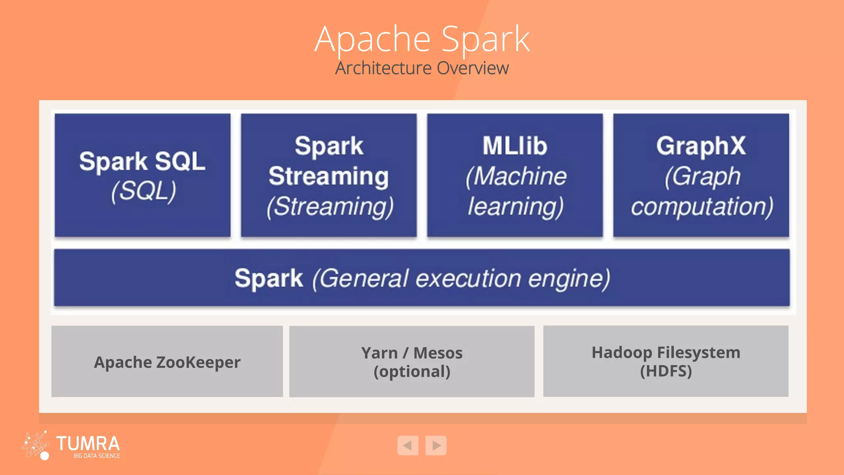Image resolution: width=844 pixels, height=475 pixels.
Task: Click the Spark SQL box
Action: pos(142,175)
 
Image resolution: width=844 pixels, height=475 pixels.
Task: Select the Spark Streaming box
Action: pos(328,175)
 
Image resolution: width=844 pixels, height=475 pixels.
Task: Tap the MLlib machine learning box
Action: pos(515,175)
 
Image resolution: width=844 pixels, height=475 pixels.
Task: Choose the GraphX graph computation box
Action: pos(701,175)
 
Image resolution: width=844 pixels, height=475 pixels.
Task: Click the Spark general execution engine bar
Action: pos(422,277)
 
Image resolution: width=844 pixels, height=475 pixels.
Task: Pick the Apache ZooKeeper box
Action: pos(167,362)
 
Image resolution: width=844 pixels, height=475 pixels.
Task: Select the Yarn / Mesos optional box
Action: pos(412,362)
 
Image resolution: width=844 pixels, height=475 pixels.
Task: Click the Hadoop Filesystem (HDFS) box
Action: pos(666,361)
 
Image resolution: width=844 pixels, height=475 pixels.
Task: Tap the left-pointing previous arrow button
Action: pos(408,445)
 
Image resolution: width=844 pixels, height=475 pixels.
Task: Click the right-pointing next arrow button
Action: pos(436,445)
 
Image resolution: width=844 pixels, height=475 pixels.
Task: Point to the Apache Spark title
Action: pos(422,39)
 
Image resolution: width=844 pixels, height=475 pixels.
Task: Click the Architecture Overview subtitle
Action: pos(422,68)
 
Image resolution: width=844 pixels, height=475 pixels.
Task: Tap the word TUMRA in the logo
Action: pos(88,444)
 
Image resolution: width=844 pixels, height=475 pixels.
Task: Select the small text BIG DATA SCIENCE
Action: pos(97,456)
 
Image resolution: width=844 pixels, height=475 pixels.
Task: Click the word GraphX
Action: pos(701,146)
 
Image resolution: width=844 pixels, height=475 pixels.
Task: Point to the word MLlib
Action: pos(515,146)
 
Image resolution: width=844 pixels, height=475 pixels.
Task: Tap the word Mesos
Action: pos(438,353)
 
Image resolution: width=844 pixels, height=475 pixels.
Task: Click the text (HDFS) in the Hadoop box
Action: pos(666,371)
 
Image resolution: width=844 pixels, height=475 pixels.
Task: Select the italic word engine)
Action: pos(569,279)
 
